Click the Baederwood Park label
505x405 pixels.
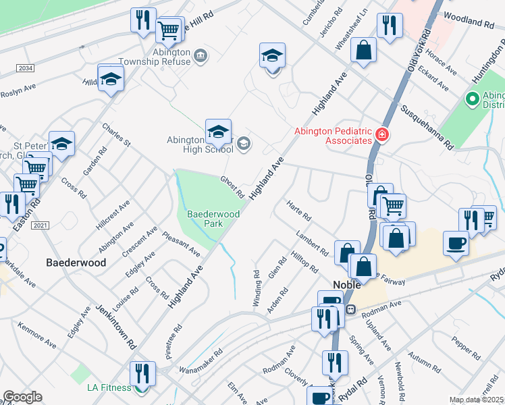coord(204,218)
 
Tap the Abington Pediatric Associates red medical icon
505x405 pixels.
coord(382,136)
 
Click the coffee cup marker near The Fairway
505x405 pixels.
coord(456,243)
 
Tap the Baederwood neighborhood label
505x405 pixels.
coord(76,263)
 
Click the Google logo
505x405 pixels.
coord(22,397)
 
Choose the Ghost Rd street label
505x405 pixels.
coord(232,187)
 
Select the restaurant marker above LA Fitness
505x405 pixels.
coord(142,373)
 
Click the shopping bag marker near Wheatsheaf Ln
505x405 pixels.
coord(363,51)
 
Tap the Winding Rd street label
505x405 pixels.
coord(257,289)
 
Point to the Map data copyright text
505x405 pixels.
coord(477,400)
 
